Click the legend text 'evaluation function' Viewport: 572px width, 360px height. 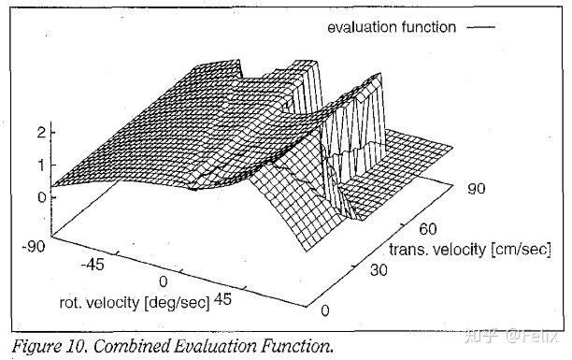point(391,27)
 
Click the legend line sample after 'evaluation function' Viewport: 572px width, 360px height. point(479,27)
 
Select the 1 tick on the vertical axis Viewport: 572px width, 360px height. point(41,165)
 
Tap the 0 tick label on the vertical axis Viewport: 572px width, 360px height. point(41,197)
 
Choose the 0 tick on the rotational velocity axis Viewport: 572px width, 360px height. point(164,281)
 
